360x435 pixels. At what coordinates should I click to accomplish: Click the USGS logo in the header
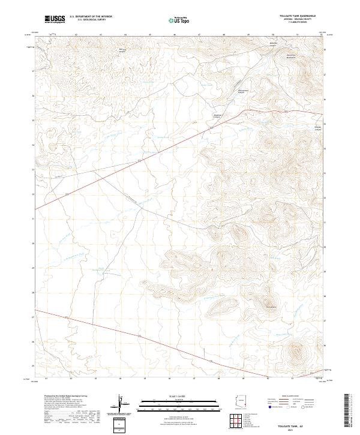coord(55,19)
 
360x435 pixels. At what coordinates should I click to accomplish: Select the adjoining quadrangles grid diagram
coord(238,422)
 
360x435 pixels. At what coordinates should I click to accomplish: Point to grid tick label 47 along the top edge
coord(199,35)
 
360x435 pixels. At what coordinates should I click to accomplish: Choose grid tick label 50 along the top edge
coord(273,35)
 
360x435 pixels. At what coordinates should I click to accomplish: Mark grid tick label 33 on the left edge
coord(32,170)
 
